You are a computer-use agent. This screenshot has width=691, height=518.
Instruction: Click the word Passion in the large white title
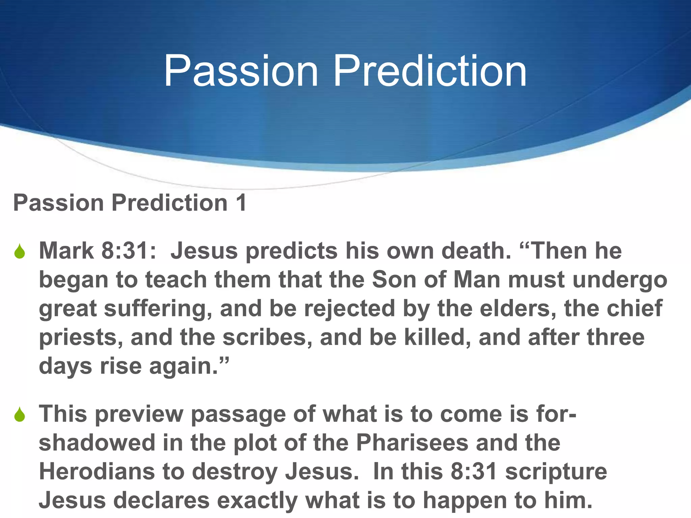click(x=241, y=71)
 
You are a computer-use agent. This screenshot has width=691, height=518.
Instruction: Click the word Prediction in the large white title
click(x=430, y=71)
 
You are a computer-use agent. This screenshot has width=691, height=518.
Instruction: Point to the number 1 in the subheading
click(x=241, y=203)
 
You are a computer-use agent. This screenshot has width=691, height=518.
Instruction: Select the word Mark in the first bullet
click(x=66, y=251)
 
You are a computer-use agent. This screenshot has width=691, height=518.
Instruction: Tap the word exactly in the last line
click(x=257, y=500)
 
